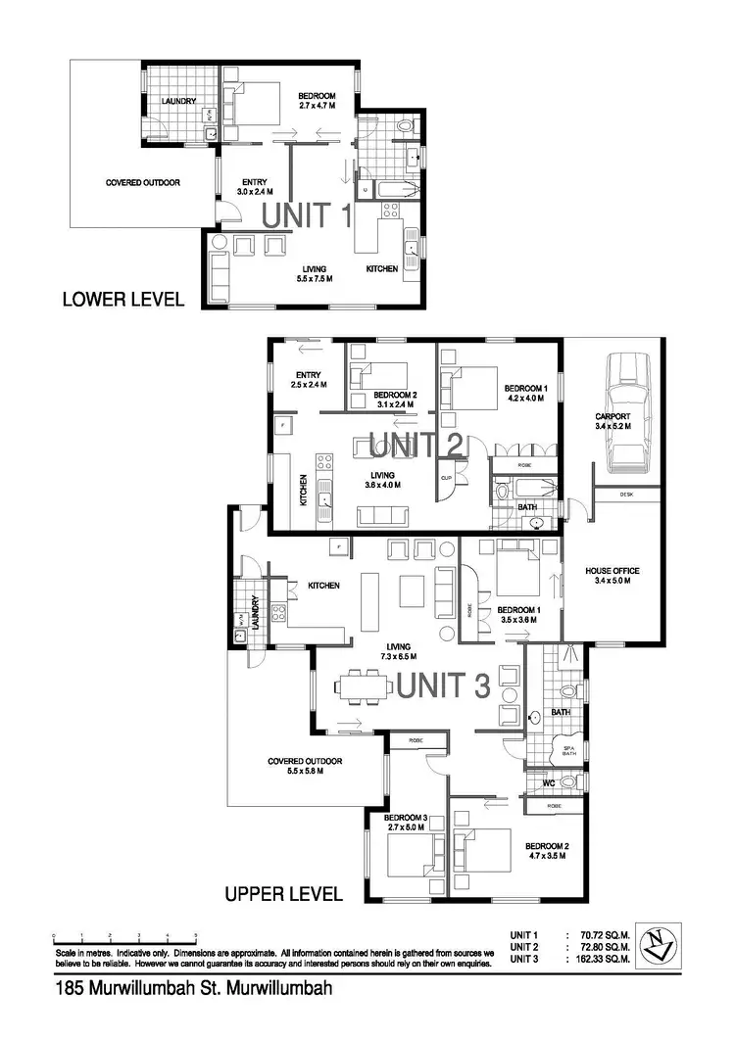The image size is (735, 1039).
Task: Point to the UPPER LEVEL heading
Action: click(283, 894)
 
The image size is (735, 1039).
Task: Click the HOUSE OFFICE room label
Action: click(607, 575)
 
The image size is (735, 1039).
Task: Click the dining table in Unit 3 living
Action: click(362, 685)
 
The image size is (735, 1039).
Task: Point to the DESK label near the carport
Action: click(626, 496)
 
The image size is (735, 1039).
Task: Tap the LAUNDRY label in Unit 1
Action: click(179, 101)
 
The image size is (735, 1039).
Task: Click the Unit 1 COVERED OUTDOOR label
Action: click(142, 182)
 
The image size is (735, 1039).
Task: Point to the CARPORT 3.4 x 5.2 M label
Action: click(612, 421)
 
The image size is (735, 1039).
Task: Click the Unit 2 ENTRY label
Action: click(307, 379)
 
